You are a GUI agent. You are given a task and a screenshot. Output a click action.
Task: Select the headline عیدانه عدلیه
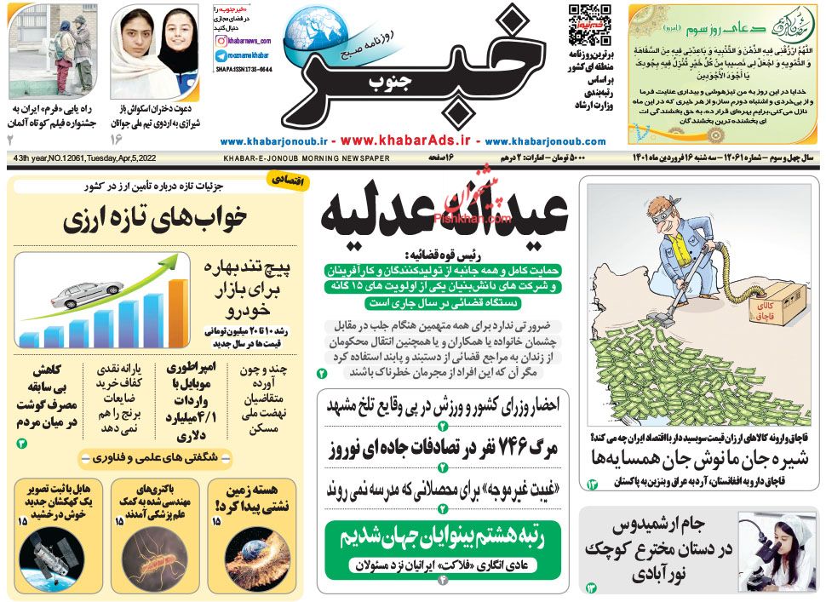pyautogui.click(x=443, y=213)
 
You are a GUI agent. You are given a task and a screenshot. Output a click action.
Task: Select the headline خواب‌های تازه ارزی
pyautogui.click(x=155, y=221)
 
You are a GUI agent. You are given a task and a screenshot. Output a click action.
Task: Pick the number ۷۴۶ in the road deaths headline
pyautogui.click(x=502, y=450)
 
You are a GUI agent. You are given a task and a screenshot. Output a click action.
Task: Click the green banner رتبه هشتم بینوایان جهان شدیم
pyautogui.click(x=442, y=537)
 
